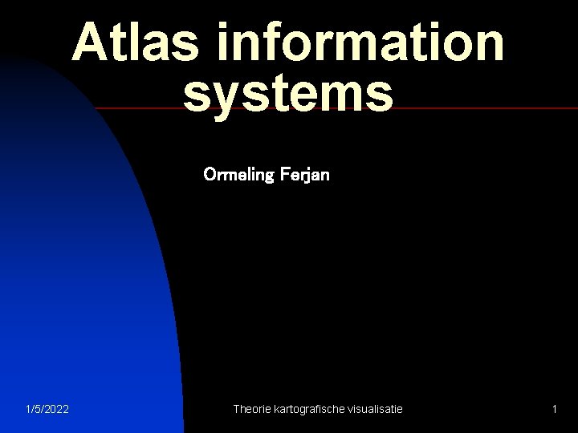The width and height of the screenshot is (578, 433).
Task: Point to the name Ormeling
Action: [238, 174]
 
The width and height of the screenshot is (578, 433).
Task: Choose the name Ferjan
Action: [304, 174]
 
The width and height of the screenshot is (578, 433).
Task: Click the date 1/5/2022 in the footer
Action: [47, 410]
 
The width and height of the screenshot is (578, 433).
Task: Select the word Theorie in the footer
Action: [251, 410]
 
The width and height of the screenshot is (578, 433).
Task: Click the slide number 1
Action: [554, 410]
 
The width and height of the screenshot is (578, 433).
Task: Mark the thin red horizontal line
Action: [482, 107]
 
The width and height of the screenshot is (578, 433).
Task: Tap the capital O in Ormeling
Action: [210, 174]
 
